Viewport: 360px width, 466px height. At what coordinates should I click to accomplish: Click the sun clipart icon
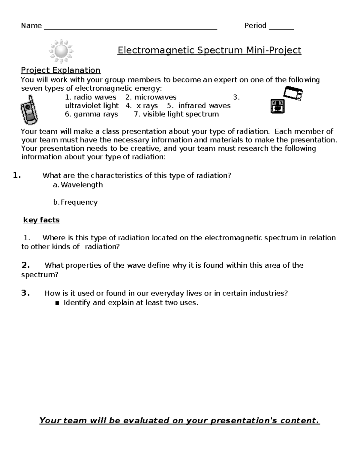coord(61,51)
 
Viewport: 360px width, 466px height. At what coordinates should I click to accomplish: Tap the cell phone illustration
coord(29,110)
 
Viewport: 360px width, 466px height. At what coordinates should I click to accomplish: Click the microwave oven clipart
coord(293,93)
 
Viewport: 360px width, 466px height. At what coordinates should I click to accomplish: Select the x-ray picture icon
coord(277,107)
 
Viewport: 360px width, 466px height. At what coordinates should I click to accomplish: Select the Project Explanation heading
coord(61,70)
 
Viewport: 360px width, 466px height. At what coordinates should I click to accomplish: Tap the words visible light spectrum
coord(181,114)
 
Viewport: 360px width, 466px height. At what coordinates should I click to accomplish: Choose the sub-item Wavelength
coord(82,185)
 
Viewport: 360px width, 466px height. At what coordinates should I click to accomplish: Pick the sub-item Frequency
coord(79,202)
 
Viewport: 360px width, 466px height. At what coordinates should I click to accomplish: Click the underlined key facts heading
coord(41,220)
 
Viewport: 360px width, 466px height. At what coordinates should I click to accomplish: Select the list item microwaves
coord(155,97)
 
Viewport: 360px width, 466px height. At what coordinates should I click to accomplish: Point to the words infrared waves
coord(204,106)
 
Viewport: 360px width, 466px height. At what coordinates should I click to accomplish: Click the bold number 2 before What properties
coord(25,265)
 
